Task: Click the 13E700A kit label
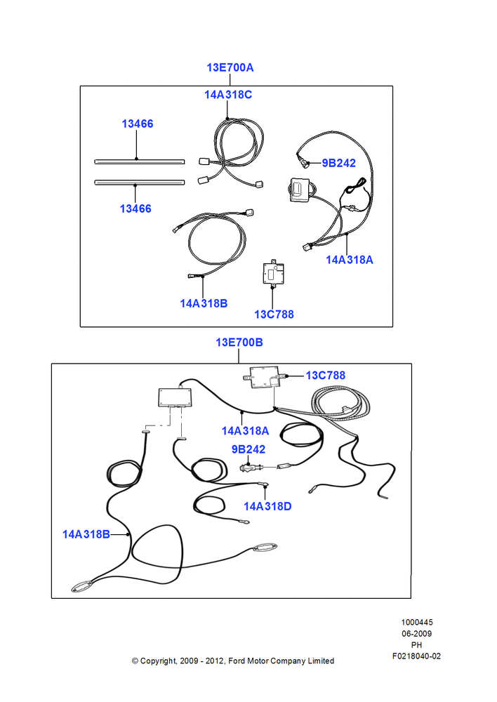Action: pos(230,67)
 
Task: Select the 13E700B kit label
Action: pos(239,343)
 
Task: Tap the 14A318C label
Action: pos(228,95)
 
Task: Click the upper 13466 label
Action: pos(138,124)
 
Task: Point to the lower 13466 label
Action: pos(135,208)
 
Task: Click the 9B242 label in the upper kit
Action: pos(338,164)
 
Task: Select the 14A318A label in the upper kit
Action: pos(350,260)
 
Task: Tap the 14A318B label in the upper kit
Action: pos(204,303)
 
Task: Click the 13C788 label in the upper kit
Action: pos(274,314)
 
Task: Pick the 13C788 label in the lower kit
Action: pos(326,376)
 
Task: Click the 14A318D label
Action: pos(267,506)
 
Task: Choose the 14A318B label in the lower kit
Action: pos(86,534)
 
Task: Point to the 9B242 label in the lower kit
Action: pos(248,449)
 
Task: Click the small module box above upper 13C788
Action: pos(273,272)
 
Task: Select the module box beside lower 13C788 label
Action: pos(264,378)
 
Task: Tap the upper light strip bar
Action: pos(139,161)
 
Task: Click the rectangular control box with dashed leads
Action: pos(175,397)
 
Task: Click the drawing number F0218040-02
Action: pos(416,656)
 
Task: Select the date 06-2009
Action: pos(416,634)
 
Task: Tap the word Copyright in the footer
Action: pos(159,661)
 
